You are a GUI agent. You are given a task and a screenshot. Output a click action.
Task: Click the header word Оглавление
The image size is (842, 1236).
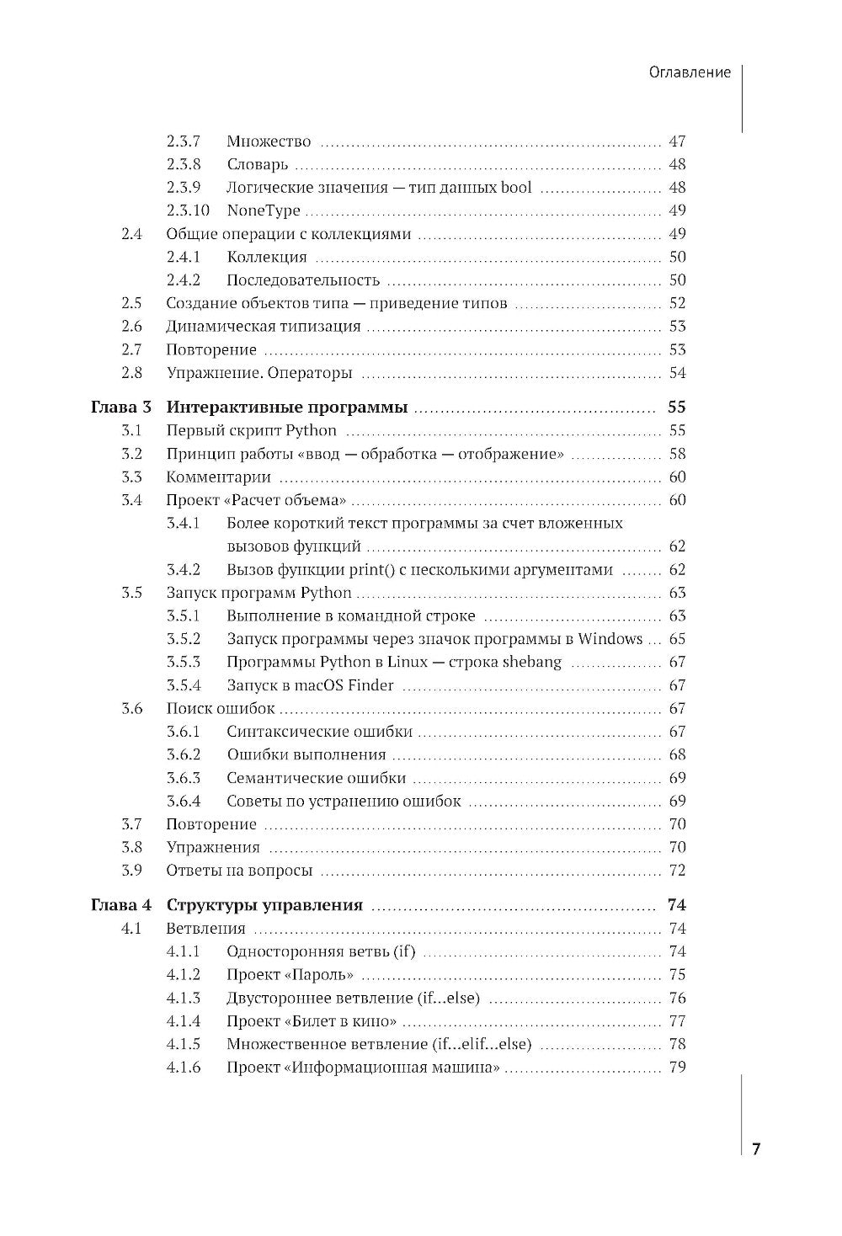click(x=690, y=72)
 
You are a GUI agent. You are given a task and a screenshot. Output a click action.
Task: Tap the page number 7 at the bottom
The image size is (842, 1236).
click(x=755, y=1149)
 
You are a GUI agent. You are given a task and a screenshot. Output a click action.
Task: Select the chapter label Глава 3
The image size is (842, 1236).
click(x=120, y=408)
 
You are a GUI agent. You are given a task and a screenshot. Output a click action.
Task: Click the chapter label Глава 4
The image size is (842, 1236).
click(x=120, y=906)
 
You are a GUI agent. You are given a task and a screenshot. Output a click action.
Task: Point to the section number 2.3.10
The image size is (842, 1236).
click(x=188, y=210)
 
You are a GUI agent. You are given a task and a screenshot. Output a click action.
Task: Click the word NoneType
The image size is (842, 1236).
click(x=264, y=210)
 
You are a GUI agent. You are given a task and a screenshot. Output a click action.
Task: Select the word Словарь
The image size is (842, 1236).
click(x=258, y=165)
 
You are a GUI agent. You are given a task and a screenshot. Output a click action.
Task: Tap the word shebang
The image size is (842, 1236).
click(x=532, y=662)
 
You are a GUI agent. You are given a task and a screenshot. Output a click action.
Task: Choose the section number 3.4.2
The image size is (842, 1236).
click(x=184, y=570)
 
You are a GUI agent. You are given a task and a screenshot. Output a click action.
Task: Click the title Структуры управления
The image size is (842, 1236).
click(x=264, y=906)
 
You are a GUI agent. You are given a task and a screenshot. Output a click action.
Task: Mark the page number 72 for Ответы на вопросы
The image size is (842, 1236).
click(x=677, y=871)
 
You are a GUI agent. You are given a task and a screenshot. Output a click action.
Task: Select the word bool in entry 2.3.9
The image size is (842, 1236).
click(x=516, y=188)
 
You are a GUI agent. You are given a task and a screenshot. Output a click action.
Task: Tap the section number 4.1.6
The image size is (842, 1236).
click(x=184, y=1068)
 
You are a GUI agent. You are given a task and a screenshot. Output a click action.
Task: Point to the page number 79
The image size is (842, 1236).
click(x=677, y=1068)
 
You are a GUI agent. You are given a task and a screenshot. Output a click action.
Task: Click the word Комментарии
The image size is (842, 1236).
click(x=219, y=477)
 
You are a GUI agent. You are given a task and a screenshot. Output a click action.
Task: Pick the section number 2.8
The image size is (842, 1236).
click(x=132, y=373)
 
